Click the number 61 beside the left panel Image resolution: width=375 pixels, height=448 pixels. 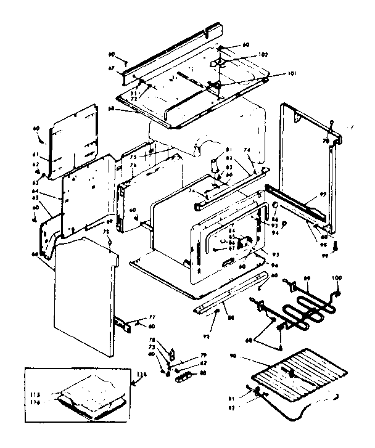coord(36,155)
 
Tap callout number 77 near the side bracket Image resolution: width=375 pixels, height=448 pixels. coord(146,318)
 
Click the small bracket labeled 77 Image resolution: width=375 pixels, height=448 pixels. coord(126,325)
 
